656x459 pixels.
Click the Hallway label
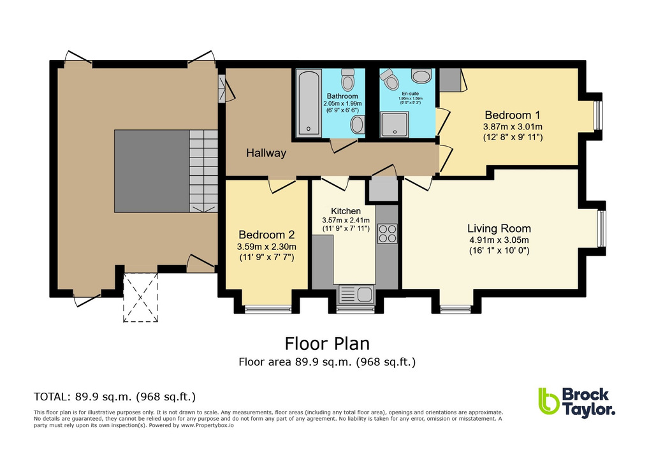pyautogui.click(x=266, y=153)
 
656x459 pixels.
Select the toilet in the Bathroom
pyautogui.click(x=347, y=80)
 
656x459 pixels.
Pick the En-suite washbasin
pyautogui.click(x=421, y=76)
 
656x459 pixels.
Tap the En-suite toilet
pyautogui.click(x=390, y=80)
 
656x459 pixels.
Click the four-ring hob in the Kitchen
pyautogui.click(x=386, y=234)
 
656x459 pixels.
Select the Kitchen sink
pyautogui.click(x=356, y=294)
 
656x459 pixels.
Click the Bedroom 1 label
pyautogui.click(x=513, y=115)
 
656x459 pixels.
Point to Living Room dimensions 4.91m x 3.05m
pyautogui.click(x=499, y=240)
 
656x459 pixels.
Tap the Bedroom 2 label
pyautogui.click(x=266, y=234)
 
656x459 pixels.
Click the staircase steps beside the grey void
pyautogui.click(x=203, y=170)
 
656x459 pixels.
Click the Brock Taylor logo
pyautogui.click(x=576, y=402)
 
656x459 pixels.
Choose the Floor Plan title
pyautogui.click(x=327, y=344)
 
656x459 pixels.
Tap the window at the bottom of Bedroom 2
pyautogui.click(x=263, y=310)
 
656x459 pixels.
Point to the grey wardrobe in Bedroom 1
pyautogui.click(x=450, y=79)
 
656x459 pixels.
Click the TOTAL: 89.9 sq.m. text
pyautogui.click(x=114, y=396)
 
